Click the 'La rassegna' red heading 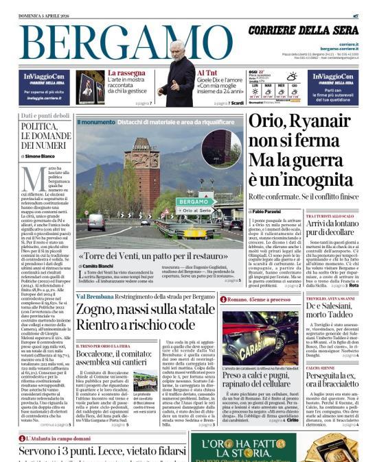(126, 73)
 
